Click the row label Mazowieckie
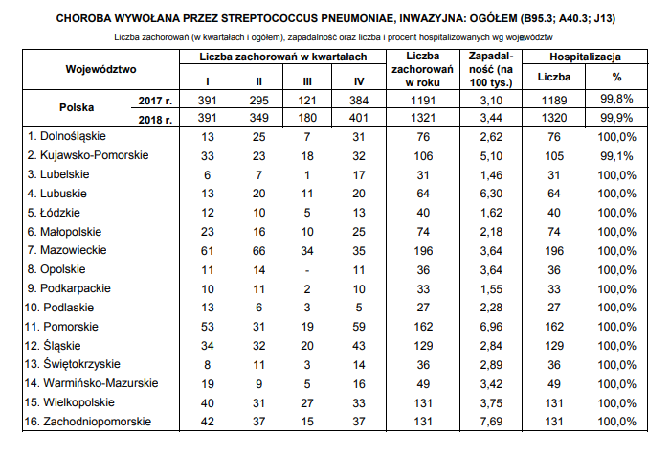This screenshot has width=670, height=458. tap(73, 250)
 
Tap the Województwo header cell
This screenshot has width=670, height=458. tap(101, 69)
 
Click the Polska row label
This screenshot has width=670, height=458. tap(77, 108)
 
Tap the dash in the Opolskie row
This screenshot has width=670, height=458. tap(307, 269)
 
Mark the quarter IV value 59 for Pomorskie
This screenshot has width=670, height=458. tap(359, 326)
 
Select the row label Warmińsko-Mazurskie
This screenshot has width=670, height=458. tap(86, 383)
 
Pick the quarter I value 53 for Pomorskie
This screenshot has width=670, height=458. tap(208, 326)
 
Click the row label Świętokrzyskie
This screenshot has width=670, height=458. tap(72, 364)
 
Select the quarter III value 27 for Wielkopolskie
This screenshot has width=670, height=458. tap(307, 402)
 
